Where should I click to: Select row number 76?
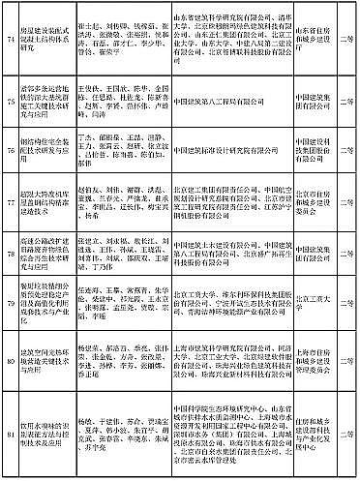pos(13,149)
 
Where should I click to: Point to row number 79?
pos(13,312)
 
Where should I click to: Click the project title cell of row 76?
pos(47,149)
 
